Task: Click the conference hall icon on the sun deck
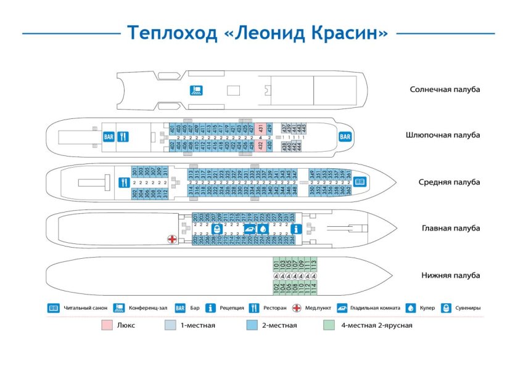tap(195, 91)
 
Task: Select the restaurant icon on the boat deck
tap(123, 136)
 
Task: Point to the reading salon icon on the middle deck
tap(359, 182)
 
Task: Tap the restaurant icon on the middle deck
tap(123, 182)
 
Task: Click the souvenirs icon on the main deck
tap(216, 229)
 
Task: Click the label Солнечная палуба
tap(444, 89)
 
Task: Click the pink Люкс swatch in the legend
tap(107, 325)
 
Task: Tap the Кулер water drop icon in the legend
tap(410, 307)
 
